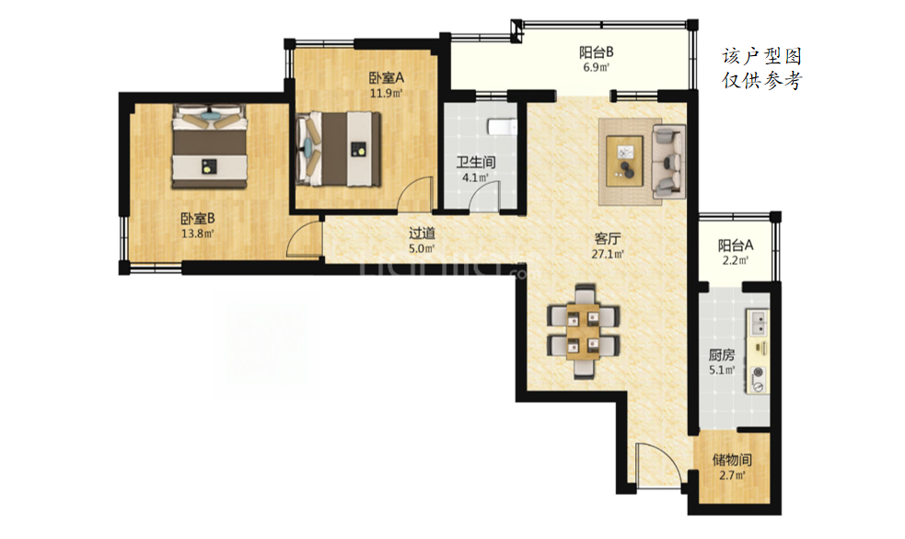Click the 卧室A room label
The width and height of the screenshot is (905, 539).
pyautogui.click(x=386, y=77)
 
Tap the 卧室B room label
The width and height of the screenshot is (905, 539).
pyautogui.click(x=198, y=219)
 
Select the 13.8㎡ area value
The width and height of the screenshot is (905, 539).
pyautogui.click(x=198, y=234)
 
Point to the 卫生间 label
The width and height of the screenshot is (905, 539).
pyautogui.click(x=476, y=162)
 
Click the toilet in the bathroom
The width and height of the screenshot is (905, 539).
pyautogui.click(x=502, y=126)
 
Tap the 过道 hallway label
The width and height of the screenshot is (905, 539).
pyautogui.click(x=422, y=234)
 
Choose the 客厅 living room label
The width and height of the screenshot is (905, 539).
pyautogui.click(x=608, y=238)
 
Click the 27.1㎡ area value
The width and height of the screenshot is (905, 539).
pyautogui.click(x=608, y=254)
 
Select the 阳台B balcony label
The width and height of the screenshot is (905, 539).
pyautogui.click(x=597, y=52)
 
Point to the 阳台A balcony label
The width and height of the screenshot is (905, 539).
pyautogui.click(x=736, y=246)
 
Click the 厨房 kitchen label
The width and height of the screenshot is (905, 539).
pyautogui.click(x=722, y=354)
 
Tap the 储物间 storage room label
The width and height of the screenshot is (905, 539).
pyautogui.click(x=732, y=460)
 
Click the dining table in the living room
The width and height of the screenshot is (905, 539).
pyautogui.click(x=584, y=331)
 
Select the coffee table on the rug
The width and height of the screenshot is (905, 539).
pyautogui.click(x=624, y=161)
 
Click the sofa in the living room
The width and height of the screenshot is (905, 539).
pyautogui.click(x=669, y=158)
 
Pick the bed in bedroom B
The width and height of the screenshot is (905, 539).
pyautogui.click(x=210, y=146)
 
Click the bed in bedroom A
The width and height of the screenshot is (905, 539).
pyautogui.click(x=338, y=149)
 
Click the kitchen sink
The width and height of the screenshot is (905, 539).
pyautogui.click(x=758, y=323)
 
